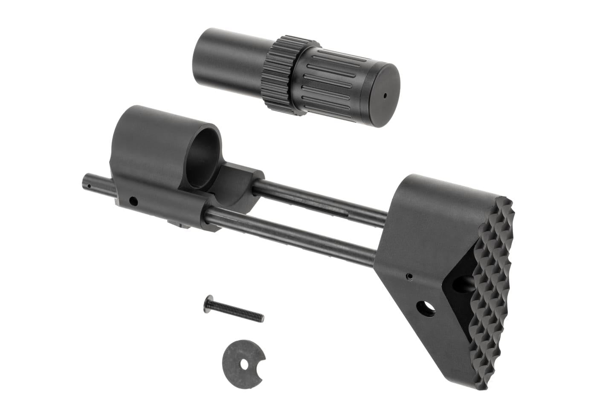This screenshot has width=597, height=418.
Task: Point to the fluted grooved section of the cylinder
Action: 328,85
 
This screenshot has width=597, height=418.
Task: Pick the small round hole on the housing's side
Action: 134,200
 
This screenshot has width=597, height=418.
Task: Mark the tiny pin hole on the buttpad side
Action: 409,276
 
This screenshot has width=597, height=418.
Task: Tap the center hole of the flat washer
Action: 244,365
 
